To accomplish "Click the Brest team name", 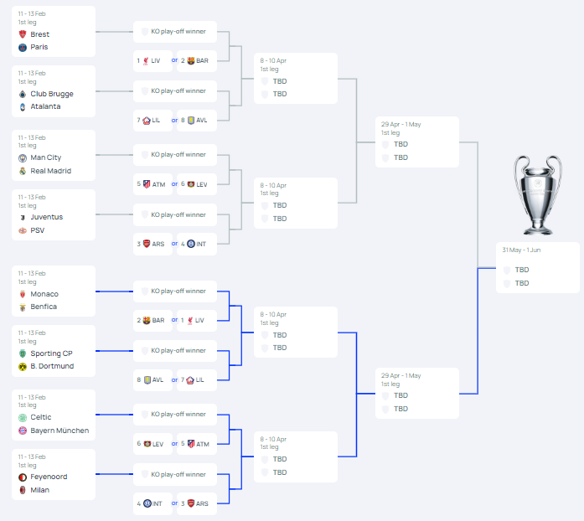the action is coord(40,34).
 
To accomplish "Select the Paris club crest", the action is coord(23,47).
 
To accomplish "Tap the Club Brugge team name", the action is coord(52,94).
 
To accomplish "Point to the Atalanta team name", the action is coord(45,106).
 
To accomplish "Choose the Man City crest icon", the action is coord(23,158).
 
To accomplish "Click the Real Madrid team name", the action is coord(50,171).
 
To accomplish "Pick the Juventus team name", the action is coord(47,217).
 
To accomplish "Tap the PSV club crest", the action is coord(23,230).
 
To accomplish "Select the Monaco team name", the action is coord(44,294).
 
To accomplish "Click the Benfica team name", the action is coord(44,307).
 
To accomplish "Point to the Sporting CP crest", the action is coord(23,353).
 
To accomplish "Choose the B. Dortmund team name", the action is coord(52,366).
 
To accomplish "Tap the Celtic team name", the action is coord(41,417).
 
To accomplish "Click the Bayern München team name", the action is coord(59,431).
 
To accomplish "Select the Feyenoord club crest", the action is coord(23,477).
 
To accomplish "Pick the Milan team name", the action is coord(40,490).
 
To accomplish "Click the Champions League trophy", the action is coord(538,195).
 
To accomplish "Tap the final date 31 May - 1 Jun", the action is coord(521,250).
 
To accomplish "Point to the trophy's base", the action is coord(538,228).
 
